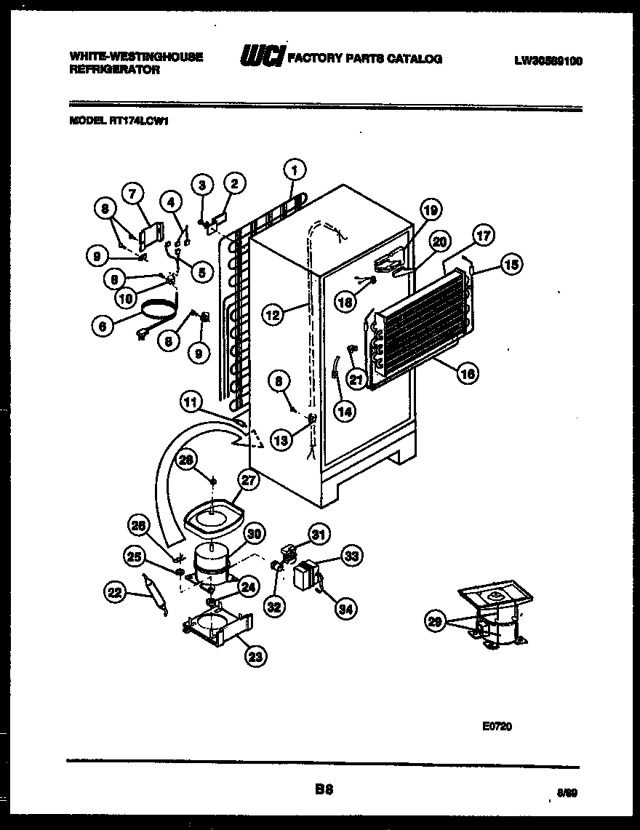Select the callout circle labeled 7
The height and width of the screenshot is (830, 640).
click(132, 193)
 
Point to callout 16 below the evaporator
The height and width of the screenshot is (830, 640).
click(467, 374)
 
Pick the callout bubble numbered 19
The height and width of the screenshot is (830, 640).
click(431, 212)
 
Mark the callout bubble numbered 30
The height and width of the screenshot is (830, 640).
click(254, 534)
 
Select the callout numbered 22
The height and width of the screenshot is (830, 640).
click(113, 594)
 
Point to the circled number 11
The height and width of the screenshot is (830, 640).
click(191, 401)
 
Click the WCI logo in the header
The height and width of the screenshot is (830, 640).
click(259, 57)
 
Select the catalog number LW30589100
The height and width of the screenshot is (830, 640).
click(548, 61)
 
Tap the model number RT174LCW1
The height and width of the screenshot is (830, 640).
click(119, 123)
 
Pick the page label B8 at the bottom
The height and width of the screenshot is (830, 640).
click(324, 788)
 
